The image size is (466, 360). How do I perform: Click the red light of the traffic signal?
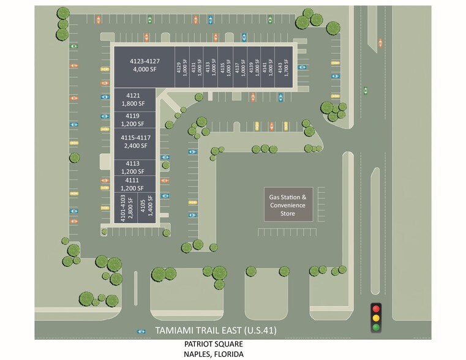pyautogui.click(x=376, y=307)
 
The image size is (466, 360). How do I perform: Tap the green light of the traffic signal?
pyautogui.click(x=376, y=327)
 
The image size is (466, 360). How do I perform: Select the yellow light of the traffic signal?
pyautogui.click(x=376, y=317)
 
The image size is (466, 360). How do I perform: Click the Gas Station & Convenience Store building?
pyautogui.click(x=288, y=204)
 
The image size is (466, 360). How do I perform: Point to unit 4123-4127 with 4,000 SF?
pyautogui.click(x=145, y=66)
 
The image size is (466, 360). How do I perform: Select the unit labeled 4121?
pyautogui.click(x=133, y=100)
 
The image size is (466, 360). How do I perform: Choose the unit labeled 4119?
pyautogui.click(x=133, y=119)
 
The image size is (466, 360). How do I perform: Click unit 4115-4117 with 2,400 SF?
pyautogui.click(x=135, y=142)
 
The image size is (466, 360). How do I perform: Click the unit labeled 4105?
pyautogui.click(x=145, y=208)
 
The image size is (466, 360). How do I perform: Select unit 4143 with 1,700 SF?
pyautogui.click(x=284, y=66)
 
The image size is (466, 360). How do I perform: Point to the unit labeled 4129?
pyautogui.click(x=182, y=66)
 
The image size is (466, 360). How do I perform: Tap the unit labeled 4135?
pyautogui.click(x=225, y=66)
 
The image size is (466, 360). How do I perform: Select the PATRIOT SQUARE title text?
pyautogui.click(x=206, y=345)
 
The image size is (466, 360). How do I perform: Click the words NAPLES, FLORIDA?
pyautogui.click(x=206, y=354)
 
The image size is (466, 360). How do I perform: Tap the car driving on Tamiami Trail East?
pyautogui.click(x=142, y=331)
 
